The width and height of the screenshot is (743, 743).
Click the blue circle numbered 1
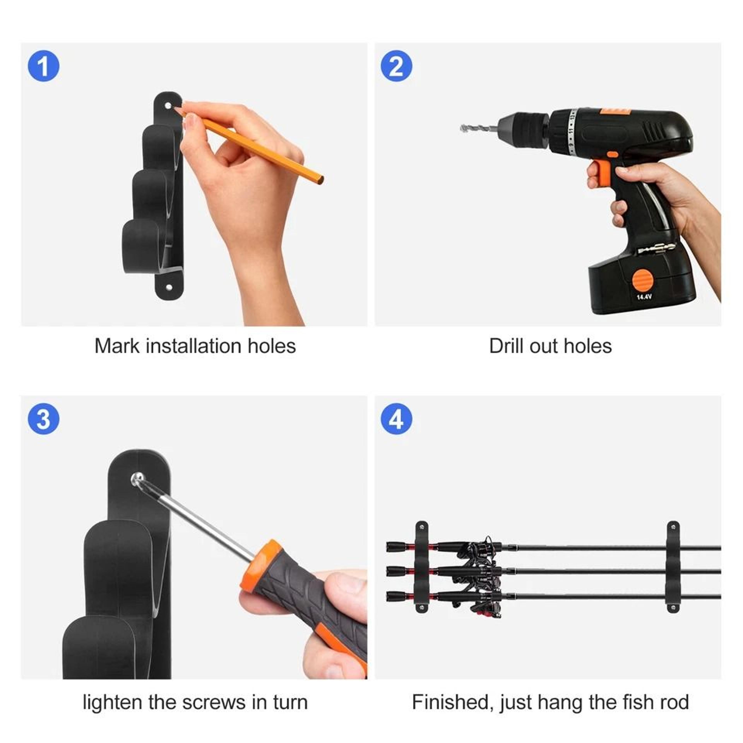pos(44,66)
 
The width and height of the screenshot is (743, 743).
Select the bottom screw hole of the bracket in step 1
pos(169,287)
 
